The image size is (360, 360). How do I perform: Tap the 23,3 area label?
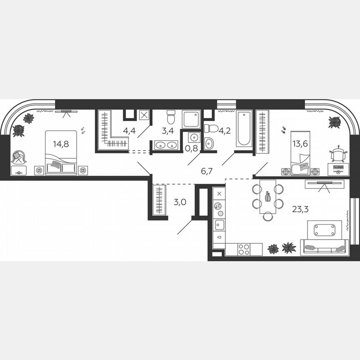[x=300, y=209]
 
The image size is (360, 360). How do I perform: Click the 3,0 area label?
[x=180, y=202]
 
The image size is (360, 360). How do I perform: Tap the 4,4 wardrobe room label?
[x=129, y=130]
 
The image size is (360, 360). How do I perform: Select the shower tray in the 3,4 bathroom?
[x=191, y=119]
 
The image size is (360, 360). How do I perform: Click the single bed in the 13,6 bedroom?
[x=300, y=162]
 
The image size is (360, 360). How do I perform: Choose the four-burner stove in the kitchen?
[x=244, y=249]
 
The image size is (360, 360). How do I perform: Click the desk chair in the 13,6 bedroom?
[x=338, y=154]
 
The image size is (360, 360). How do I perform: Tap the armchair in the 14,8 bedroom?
[x=18, y=157]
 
